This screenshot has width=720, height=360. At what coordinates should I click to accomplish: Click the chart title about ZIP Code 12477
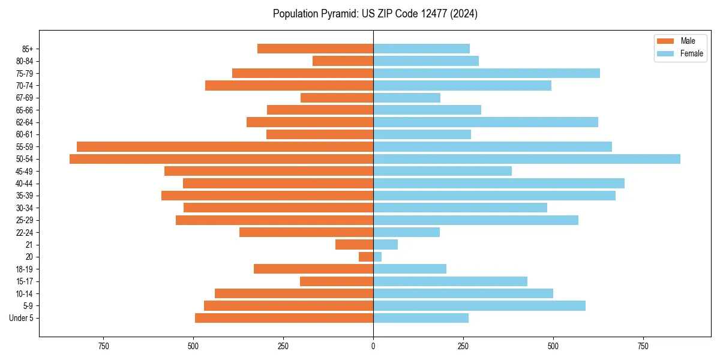pyautogui.click(x=375, y=14)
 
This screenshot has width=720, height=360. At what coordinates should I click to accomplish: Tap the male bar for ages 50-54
pyautogui.click(x=221, y=159)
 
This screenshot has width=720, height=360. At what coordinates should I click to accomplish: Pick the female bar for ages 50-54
pyautogui.click(x=527, y=159)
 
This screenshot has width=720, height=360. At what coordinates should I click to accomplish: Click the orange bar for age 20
pyautogui.click(x=366, y=257)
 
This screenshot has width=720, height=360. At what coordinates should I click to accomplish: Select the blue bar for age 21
pyautogui.click(x=385, y=245)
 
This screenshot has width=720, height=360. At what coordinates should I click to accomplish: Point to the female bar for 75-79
pyautogui.click(x=487, y=73)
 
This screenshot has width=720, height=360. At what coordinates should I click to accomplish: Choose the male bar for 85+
pyautogui.click(x=315, y=49)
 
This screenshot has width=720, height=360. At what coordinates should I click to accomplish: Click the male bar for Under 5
pyautogui.click(x=284, y=318)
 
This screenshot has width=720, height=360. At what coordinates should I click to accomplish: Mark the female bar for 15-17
pyautogui.click(x=450, y=281)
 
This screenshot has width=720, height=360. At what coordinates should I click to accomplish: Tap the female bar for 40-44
pyautogui.click(x=499, y=184)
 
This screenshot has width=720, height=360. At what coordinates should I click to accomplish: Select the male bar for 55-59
pyautogui.click(x=225, y=147)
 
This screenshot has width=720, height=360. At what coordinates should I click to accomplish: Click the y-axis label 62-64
pyautogui.click(x=25, y=122)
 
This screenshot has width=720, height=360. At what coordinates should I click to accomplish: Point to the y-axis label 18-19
pyautogui.click(x=25, y=269)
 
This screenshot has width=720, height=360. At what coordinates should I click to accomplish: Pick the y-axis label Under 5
pyautogui.click(x=22, y=318)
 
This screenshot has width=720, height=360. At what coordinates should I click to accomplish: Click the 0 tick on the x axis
pyautogui.click(x=373, y=346)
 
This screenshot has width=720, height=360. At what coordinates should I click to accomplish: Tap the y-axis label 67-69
pyautogui.click(x=25, y=98)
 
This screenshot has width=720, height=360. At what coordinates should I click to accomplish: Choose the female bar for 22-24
pyautogui.click(x=406, y=232)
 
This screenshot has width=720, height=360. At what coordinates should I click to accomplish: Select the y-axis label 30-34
pyautogui.click(x=25, y=208)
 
